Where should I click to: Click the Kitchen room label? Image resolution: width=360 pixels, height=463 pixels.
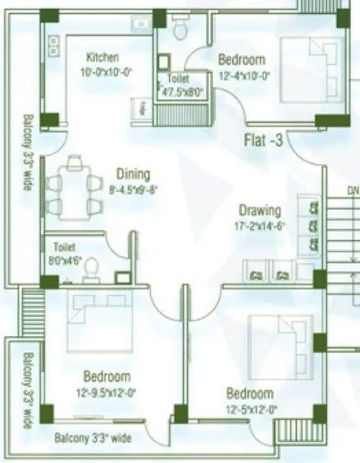[x=103, y=57]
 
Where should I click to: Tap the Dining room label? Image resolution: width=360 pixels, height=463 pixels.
[x=132, y=174]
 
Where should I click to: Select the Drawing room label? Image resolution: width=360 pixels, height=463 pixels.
[x=260, y=210]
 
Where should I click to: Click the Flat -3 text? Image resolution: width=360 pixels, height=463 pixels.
[x=263, y=141]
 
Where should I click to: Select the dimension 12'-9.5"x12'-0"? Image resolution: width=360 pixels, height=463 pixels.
[x=107, y=392]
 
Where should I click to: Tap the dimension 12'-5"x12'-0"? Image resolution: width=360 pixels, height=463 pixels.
[x=250, y=408]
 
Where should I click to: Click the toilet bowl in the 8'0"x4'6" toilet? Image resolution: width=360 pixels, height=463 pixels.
[x=93, y=268]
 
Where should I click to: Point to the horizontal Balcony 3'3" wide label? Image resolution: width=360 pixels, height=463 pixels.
[x=93, y=439]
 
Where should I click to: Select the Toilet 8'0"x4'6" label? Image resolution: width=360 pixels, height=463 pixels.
[x=65, y=253]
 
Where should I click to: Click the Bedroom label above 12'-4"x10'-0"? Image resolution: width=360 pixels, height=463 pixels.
[x=242, y=60]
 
